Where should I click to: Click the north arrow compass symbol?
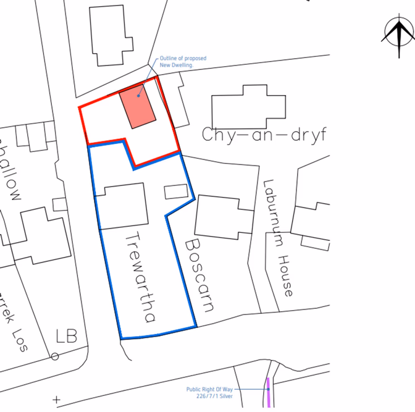tap(397, 38)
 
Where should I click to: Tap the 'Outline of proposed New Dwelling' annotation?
tap(183, 61)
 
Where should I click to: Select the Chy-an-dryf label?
tap(264, 135)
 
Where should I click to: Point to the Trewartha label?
tap(140, 277)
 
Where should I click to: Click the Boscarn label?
tap(199, 274)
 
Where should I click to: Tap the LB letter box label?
tap(66, 336)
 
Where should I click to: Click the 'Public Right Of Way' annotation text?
tap(210, 393)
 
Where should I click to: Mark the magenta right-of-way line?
tap(268, 393)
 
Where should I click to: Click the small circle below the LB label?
tap(55, 356)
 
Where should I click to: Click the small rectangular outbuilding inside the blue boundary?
tap(174, 191)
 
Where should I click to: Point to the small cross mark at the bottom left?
tap(56, 399)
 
